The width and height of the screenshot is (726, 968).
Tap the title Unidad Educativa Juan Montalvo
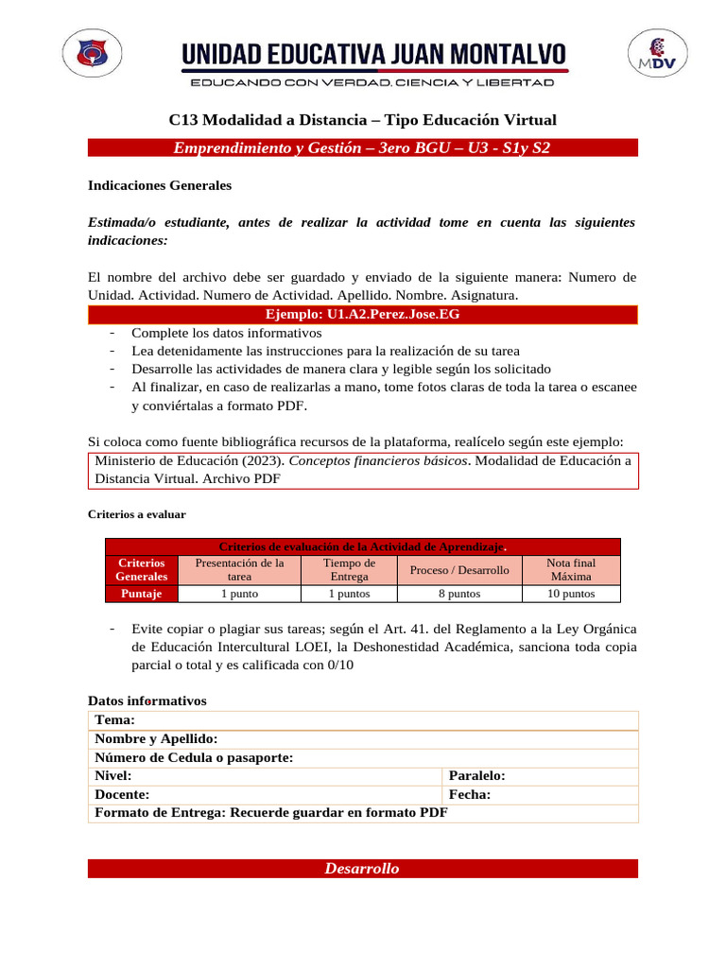click(x=374, y=54)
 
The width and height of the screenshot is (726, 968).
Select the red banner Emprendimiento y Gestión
click(x=362, y=147)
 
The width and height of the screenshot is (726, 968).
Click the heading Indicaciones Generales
click(x=159, y=186)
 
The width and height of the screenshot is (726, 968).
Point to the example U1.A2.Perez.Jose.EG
click(x=362, y=314)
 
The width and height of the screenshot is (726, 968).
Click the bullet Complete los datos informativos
click(x=227, y=333)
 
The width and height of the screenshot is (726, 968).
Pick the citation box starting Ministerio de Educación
click(x=363, y=470)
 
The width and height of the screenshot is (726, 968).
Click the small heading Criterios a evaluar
click(x=137, y=515)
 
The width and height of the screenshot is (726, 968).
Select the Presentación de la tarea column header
click(x=239, y=569)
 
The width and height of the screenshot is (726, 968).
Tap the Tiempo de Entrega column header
click(x=349, y=569)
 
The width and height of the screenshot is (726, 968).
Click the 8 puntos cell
click(x=459, y=594)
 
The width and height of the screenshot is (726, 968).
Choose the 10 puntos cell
click(x=571, y=594)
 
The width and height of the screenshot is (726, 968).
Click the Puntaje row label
click(x=141, y=594)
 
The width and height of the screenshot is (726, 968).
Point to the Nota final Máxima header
click(x=571, y=569)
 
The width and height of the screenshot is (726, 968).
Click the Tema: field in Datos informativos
click(x=363, y=720)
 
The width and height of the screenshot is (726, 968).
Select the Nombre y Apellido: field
click(x=363, y=739)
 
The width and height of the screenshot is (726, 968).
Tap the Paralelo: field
click(x=539, y=776)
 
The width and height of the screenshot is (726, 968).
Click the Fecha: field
click(x=539, y=795)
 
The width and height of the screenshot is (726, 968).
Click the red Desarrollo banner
click(x=362, y=869)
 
